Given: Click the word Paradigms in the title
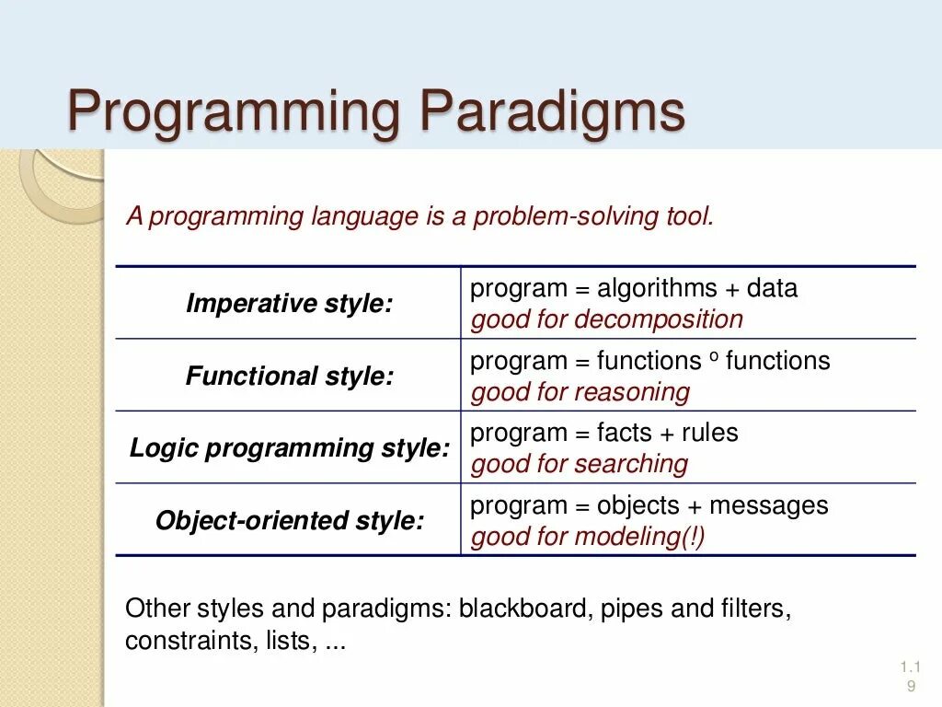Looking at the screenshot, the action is click(x=552, y=111).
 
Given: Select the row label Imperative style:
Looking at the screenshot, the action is click(x=290, y=303).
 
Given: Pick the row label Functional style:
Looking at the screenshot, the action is click(x=290, y=376).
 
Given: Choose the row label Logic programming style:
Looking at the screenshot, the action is click(x=290, y=448).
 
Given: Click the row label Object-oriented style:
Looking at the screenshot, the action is click(x=290, y=521).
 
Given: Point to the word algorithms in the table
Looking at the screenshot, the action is click(x=657, y=289).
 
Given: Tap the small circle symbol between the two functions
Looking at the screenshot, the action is click(x=714, y=356).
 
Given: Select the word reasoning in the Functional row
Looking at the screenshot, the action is click(x=632, y=392).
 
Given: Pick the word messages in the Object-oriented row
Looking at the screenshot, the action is click(x=769, y=506).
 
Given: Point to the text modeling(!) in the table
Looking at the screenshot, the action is click(x=639, y=537).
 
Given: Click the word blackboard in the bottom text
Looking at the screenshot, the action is click(x=523, y=608).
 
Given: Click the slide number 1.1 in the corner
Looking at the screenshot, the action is click(x=910, y=666).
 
